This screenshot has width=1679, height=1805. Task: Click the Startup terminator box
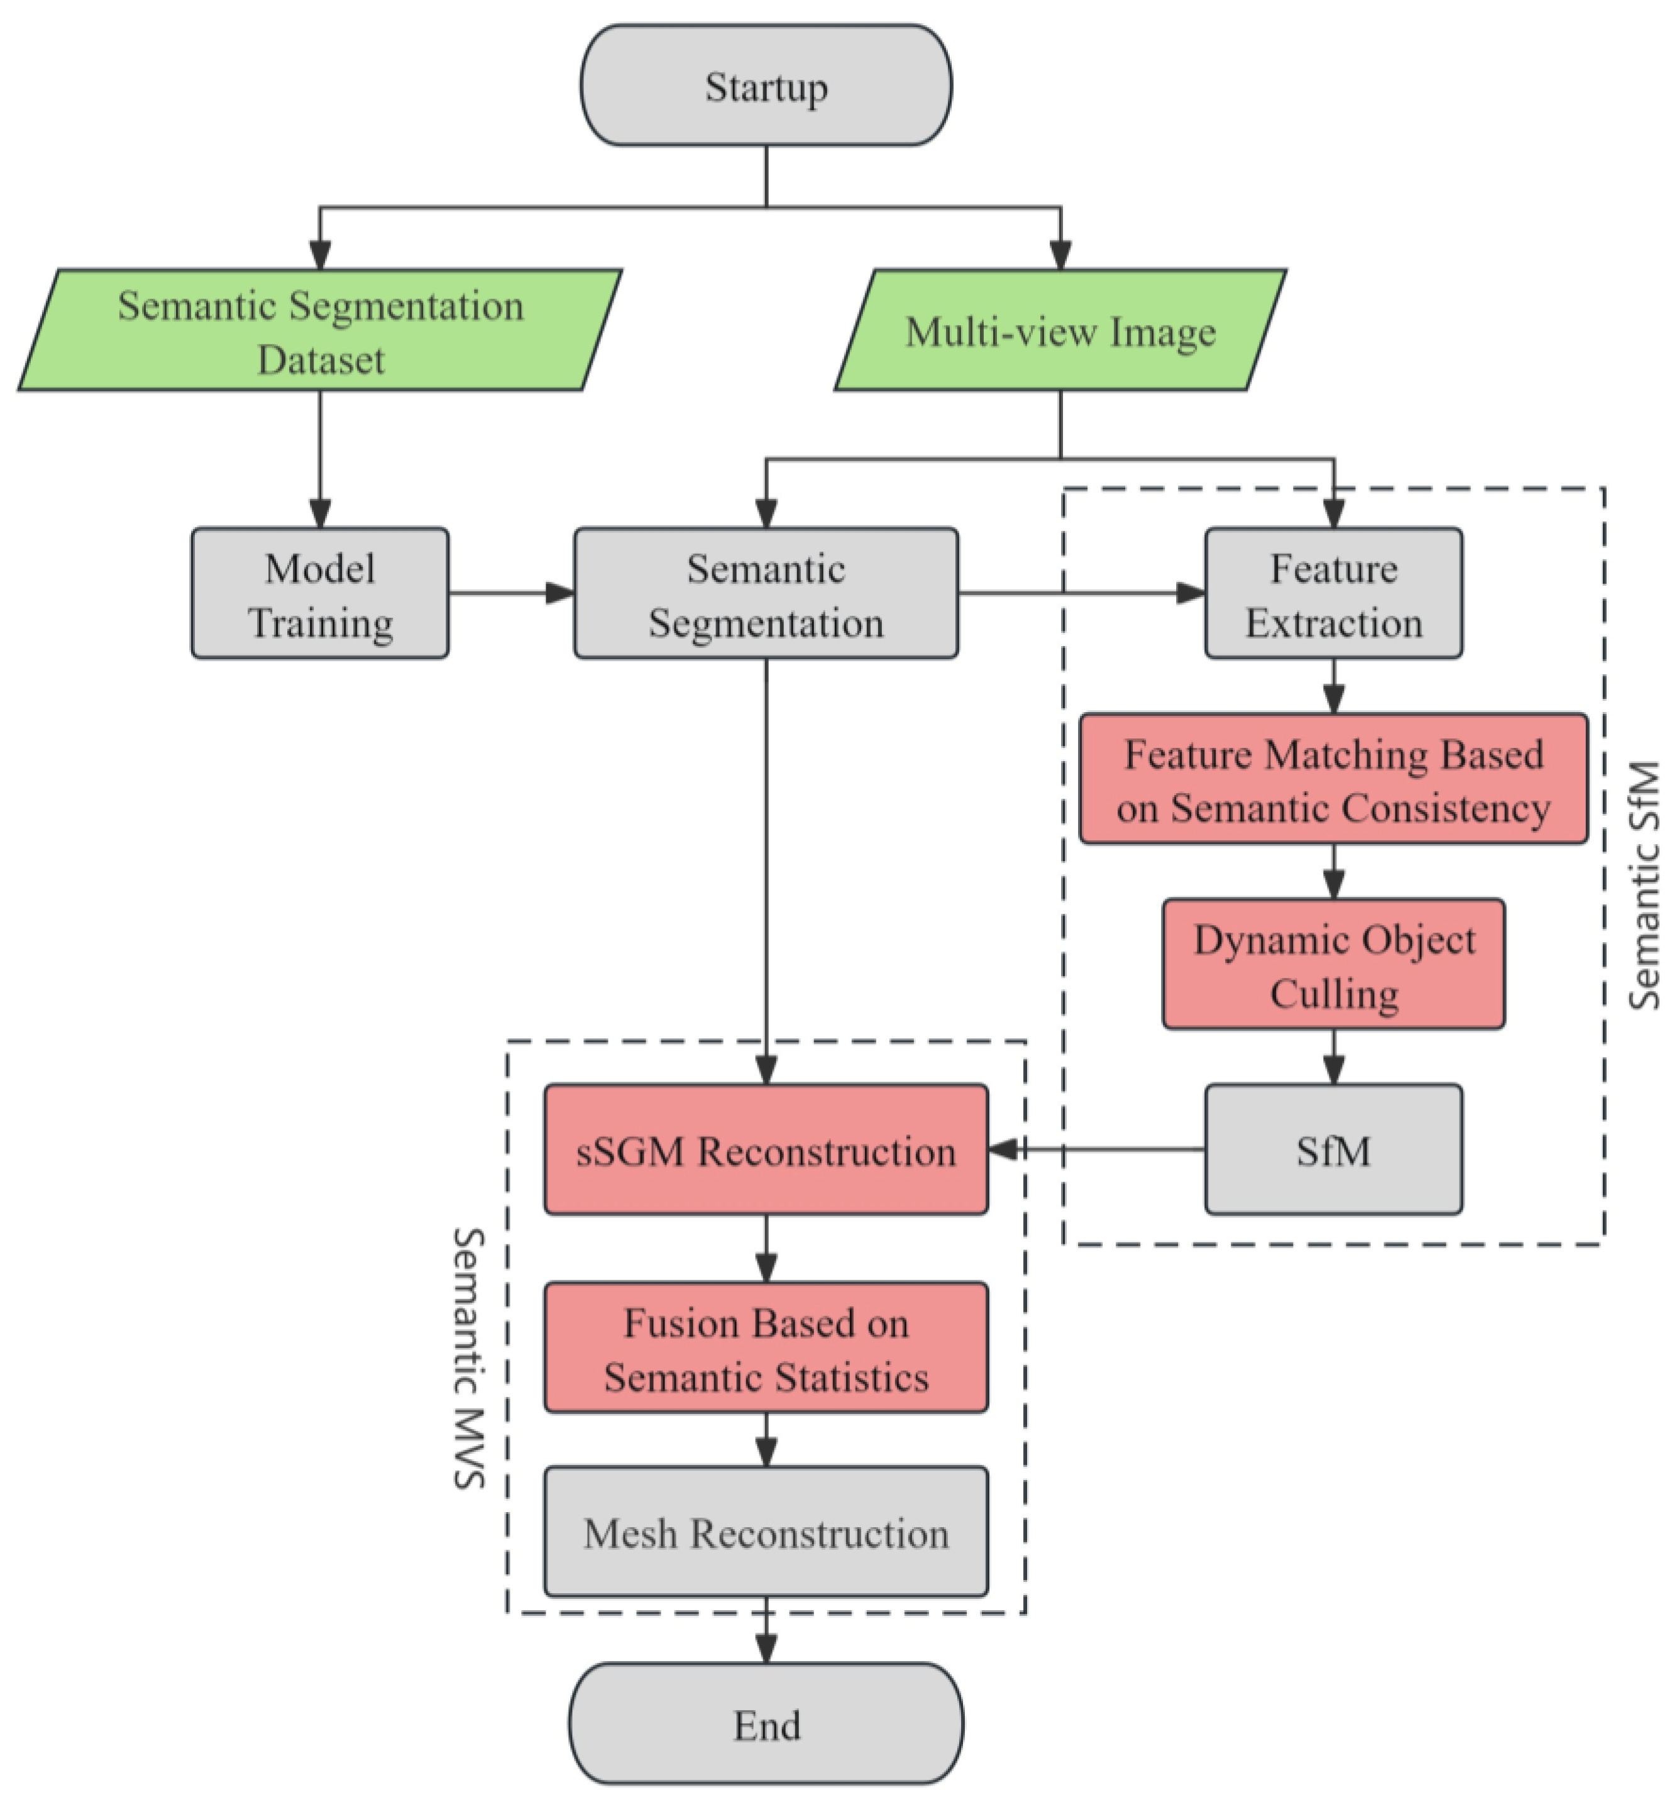766,85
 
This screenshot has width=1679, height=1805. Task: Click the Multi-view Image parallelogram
1060,331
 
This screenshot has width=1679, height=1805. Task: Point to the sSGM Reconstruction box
766,1149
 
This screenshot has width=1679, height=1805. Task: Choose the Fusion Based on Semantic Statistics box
766,1348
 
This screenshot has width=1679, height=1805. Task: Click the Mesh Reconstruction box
766,1533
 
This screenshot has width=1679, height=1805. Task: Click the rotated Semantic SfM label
1644,886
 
